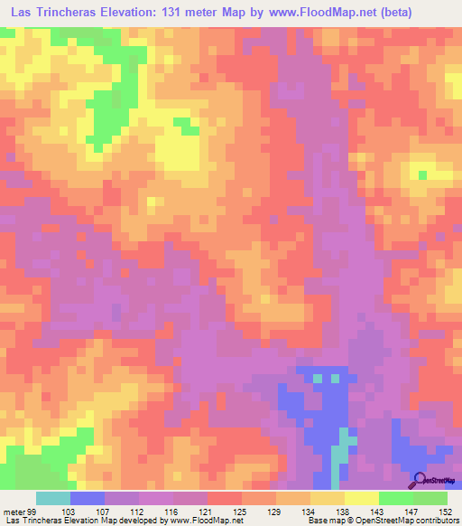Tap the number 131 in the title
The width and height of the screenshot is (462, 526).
tap(199, 13)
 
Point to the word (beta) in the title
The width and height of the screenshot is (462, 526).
tap(433, 13)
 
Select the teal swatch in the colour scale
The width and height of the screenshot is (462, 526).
tap(53, 498)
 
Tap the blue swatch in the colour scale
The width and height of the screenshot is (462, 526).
tap(88, 498)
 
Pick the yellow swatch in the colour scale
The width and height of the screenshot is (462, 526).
tap(361, 498)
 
